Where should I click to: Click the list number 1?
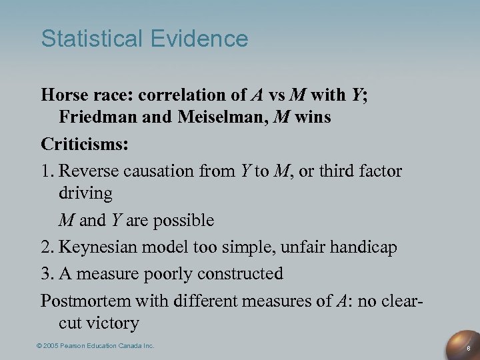[47, 171]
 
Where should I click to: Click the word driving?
[85, 194]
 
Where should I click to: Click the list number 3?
[47, 273]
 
